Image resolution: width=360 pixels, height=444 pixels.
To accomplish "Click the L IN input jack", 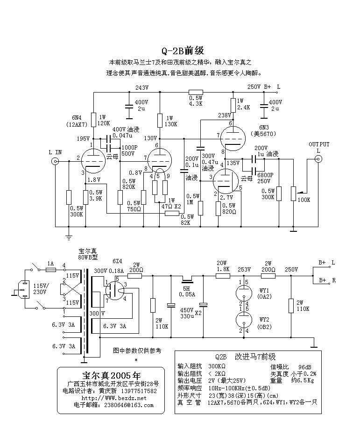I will (55, 161).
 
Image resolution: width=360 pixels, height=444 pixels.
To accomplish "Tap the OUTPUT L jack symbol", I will (319, 159).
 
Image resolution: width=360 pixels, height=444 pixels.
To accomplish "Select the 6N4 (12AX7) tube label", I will (72, 121).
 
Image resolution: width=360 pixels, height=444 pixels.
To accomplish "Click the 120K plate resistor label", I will (103, 123).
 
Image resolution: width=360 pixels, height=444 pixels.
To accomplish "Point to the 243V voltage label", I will (141, 87).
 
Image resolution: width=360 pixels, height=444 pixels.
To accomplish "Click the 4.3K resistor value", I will (195, 103).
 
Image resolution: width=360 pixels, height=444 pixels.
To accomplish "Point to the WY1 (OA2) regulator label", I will (265, 294).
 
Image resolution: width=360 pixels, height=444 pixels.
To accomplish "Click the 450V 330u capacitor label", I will (187, 313).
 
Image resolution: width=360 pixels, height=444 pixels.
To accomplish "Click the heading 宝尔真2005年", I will (111, 375).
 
